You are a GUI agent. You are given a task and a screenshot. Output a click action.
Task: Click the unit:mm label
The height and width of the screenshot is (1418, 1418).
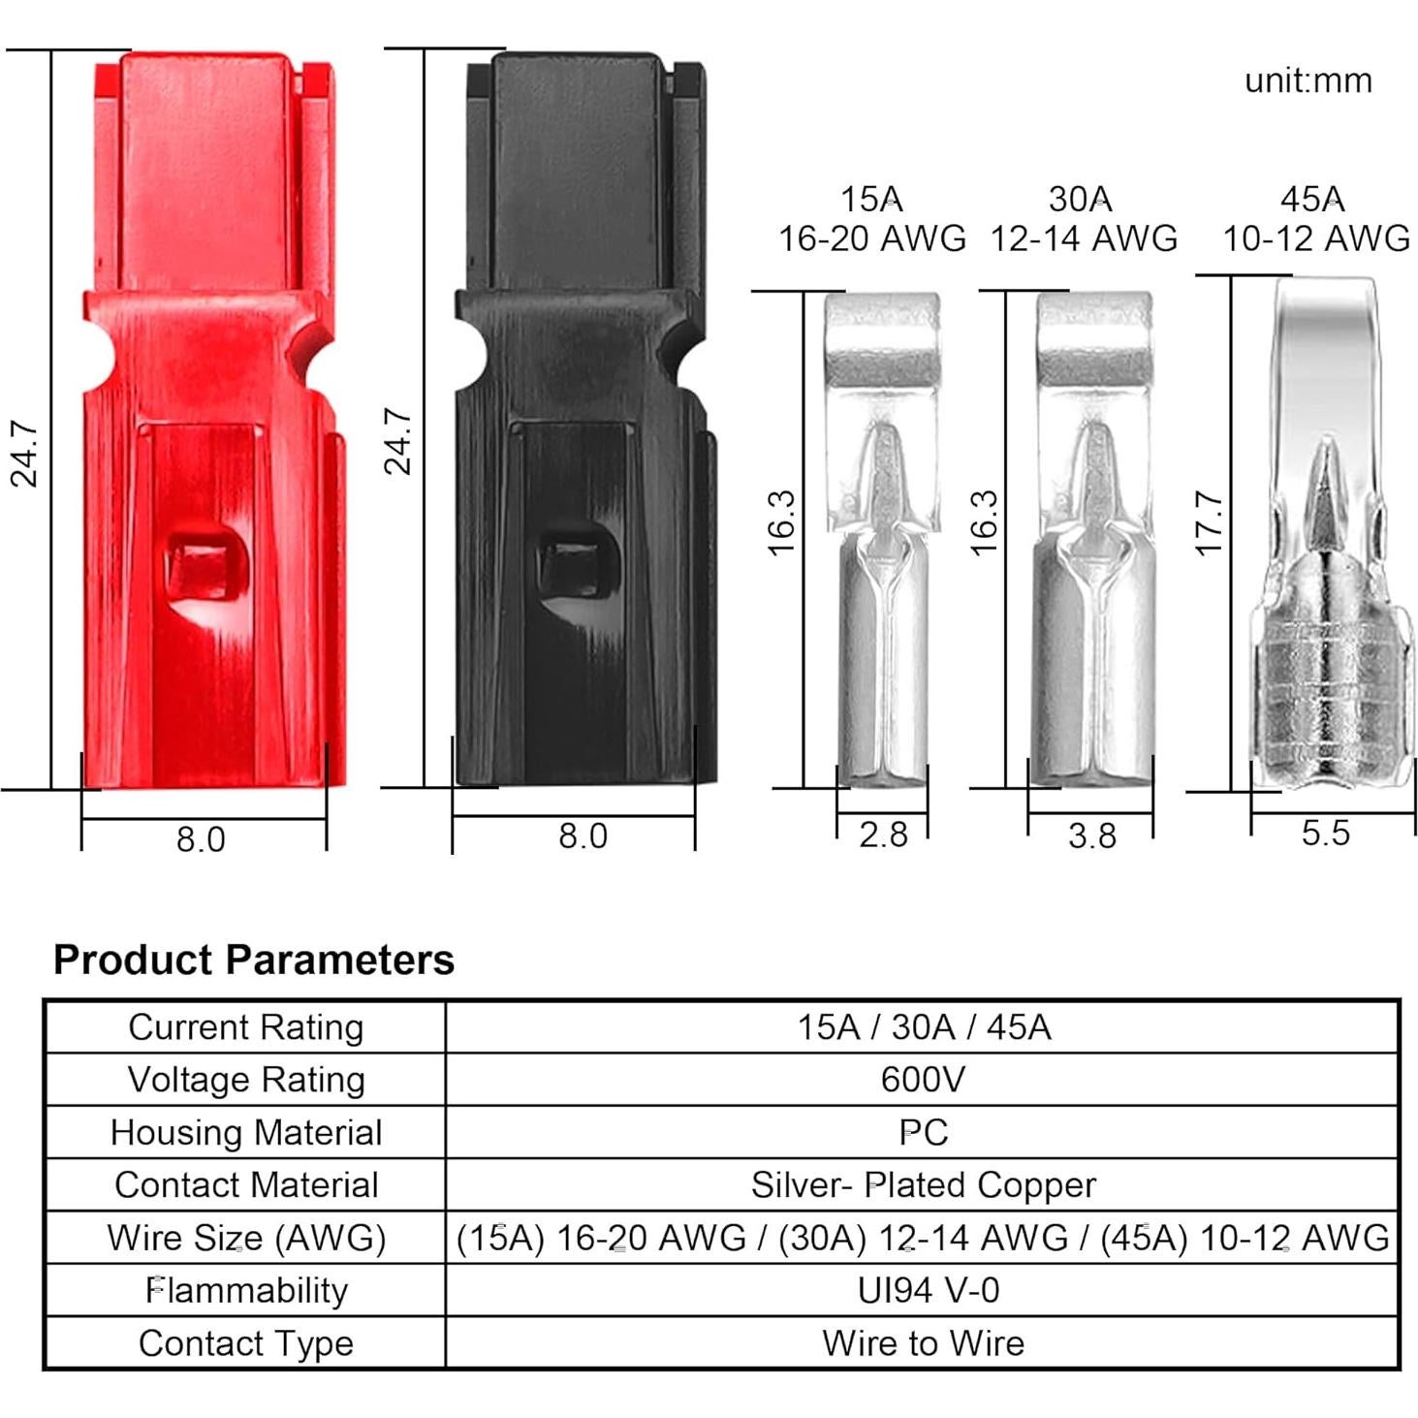[x=1308, y=80]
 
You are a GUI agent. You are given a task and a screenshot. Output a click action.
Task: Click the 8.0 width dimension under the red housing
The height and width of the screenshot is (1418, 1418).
[x=201, y=839]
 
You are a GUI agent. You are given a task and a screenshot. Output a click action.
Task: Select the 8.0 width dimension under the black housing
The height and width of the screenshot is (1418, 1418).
[x=583, y=836]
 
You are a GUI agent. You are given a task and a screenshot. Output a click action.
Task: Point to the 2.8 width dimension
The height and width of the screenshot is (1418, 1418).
[x=883, y=835]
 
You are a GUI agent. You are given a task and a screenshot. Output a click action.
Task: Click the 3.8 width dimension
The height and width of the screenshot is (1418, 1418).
[x=1091, y=835]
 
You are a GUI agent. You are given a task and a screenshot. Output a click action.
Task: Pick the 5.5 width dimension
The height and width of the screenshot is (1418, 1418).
[x=1325, y=833]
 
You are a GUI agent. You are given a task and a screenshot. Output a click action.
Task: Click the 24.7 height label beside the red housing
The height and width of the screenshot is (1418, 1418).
[x=23, y=454]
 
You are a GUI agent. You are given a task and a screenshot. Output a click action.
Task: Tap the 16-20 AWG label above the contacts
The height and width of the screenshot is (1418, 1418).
[x=871, y=238]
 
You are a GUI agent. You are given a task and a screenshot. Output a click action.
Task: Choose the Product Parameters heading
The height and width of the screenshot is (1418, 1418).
[x=253, y=960]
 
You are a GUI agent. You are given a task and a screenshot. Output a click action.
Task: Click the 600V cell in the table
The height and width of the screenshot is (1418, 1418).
[x=922, y=1080]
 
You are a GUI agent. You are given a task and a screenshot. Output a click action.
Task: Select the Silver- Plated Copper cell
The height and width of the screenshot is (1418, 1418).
[x=923, y=1184]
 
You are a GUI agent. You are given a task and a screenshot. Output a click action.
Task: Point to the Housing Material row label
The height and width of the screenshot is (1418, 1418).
[x=246, y=1132]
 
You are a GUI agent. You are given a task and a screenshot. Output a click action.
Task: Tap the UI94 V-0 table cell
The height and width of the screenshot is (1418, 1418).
[x=928, y=1290]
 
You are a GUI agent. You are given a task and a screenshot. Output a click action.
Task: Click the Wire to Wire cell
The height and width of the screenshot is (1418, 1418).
[x=923, y=1343]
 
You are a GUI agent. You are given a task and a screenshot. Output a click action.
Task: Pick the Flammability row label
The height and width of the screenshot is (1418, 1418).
[x=246, y=1290]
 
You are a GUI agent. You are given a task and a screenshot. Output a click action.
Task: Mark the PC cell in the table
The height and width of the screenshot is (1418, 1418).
[x=923, y=1132]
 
